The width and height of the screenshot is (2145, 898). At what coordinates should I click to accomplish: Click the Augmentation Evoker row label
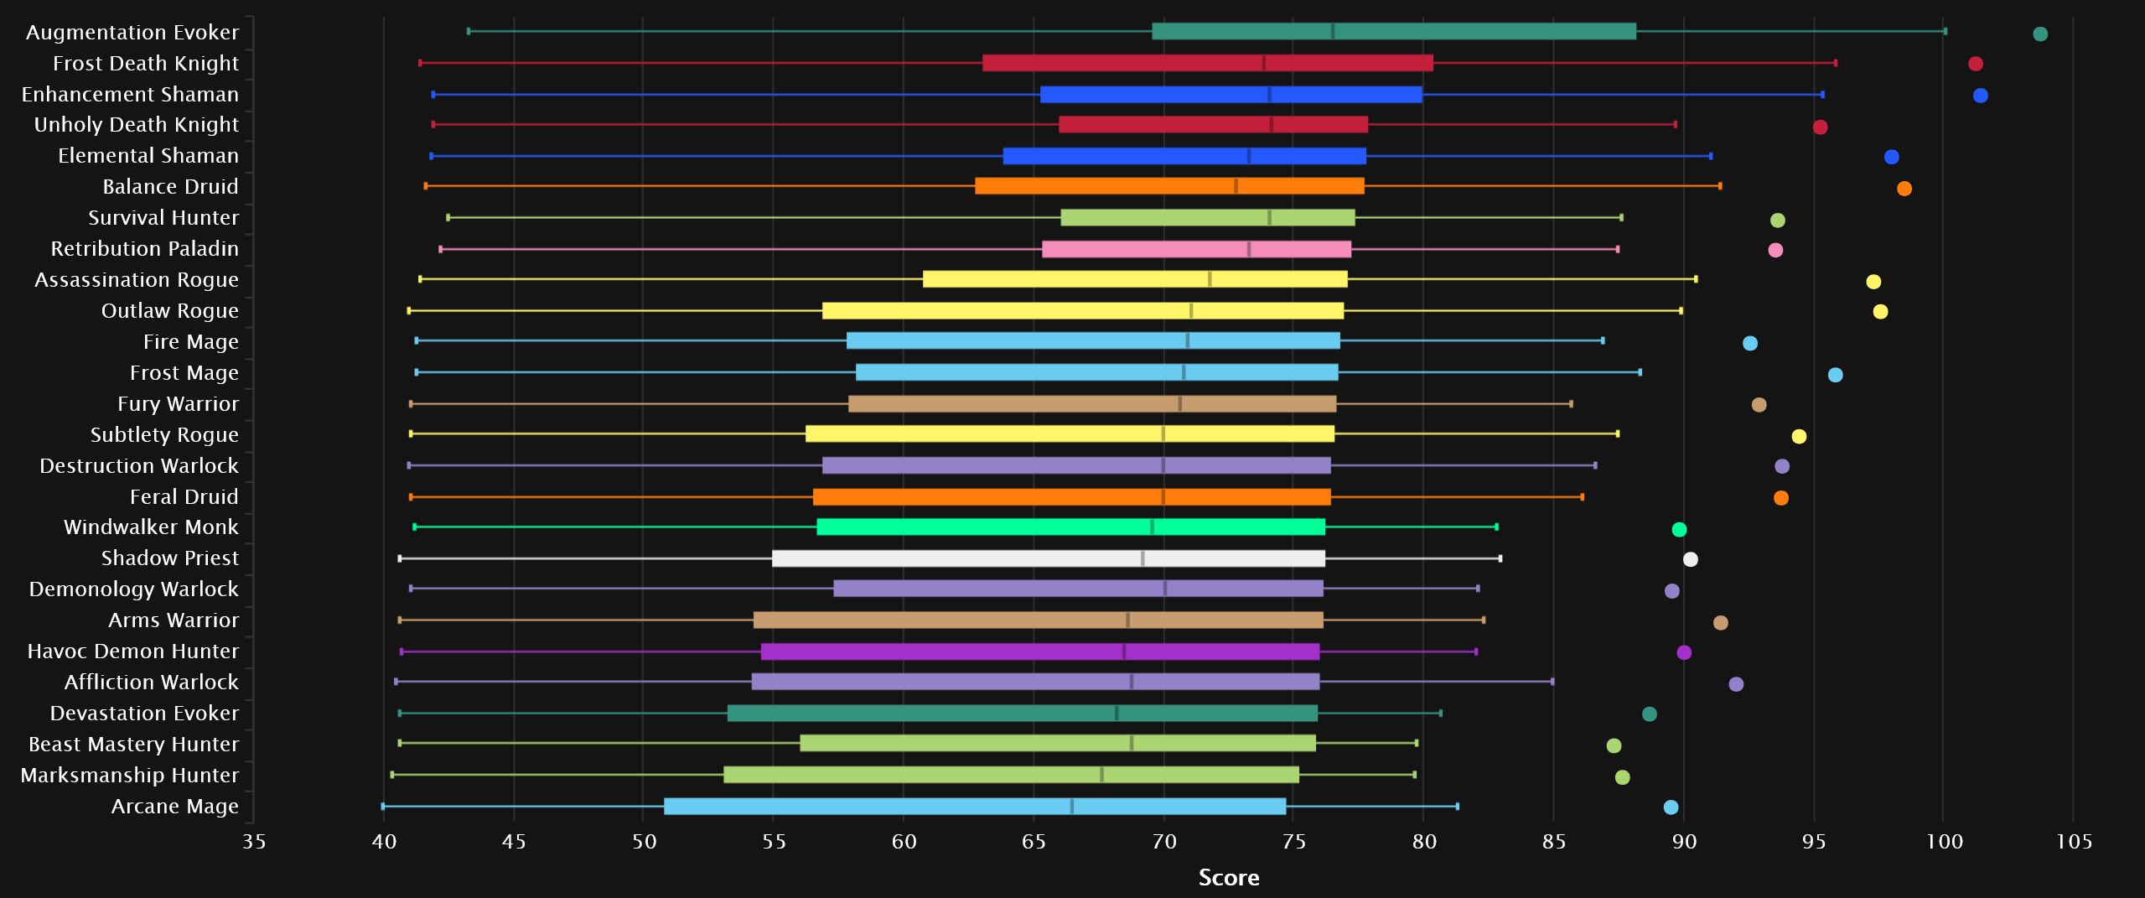[x=132, y=33]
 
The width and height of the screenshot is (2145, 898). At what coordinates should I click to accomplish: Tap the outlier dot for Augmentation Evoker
[x=2040, y=34]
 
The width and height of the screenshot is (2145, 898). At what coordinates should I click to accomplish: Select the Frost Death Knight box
[x=1207, y=63]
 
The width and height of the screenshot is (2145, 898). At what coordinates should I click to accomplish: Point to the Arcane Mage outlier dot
[x=1671, y=807]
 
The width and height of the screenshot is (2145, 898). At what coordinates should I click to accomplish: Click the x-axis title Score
[x=1229, y=877]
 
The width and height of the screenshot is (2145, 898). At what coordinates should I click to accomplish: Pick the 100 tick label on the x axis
[x=1944, y=842]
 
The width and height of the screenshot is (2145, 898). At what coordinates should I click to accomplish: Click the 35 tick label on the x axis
[x=254, y=842]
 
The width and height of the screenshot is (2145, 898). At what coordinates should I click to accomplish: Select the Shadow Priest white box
[x=1048, y=558]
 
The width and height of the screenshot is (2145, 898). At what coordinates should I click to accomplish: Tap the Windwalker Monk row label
[x=151, y=527]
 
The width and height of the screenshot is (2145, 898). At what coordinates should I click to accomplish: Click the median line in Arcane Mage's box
[x=1071, y=807]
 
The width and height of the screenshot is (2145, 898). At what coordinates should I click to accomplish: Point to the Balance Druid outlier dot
[x=1904, y=189]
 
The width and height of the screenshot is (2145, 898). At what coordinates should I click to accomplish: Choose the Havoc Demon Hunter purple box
[x=1039, y=651]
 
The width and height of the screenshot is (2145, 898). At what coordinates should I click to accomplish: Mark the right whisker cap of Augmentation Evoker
[x=1946, y=32]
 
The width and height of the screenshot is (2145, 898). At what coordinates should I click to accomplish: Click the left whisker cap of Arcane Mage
[x=383, y=807]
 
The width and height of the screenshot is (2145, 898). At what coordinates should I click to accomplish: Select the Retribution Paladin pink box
[x=1196, y=249]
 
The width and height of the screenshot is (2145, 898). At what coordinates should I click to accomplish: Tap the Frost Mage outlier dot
[x=1835, y=375]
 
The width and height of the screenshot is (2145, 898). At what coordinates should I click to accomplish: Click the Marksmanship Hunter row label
[x=130, y=776]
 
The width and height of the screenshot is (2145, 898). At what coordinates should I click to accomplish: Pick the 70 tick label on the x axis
[x=1164, y=842]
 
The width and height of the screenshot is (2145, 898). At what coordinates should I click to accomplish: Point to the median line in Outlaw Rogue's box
[x=1191, y=311]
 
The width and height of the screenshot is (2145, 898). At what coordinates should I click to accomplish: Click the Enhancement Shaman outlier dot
[x=1981, y=96]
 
